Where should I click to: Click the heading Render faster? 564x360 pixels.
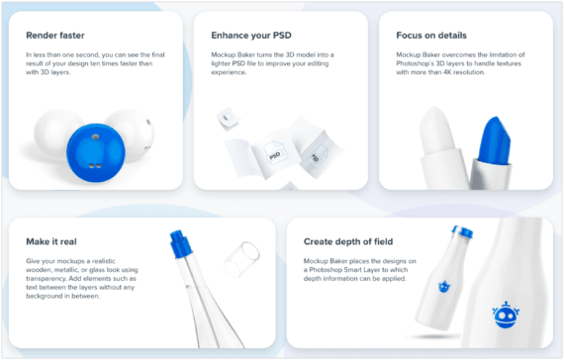(55, 36)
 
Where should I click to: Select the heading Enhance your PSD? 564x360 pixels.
(251, 36)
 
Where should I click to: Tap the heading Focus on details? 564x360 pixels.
(431, 36)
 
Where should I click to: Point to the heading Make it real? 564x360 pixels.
(51, 241)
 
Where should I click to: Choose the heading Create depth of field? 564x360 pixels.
(348, 241)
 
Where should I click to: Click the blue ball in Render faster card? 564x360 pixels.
(96, 153)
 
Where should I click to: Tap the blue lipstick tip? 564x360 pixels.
(495, 139)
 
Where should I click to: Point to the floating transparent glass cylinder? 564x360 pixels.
(241, 259)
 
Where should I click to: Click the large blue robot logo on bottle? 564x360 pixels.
(506, 315)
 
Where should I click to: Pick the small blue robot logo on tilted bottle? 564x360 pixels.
(444, 287)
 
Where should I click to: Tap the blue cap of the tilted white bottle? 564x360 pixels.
(462, 231)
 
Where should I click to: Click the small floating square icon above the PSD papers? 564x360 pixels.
(227, 118)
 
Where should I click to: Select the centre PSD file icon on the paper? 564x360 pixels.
(274, 154)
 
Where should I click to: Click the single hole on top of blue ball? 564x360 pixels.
(95, 136)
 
